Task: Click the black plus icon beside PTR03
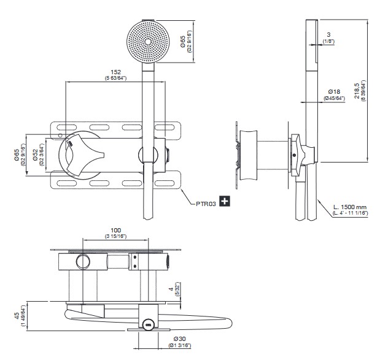(x=225, y=201)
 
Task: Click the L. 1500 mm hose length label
(x=351, y=208)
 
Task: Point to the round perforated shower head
(x=148, y=42)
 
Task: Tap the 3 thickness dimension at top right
(x=330, y=34)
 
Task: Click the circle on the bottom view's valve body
(x=82, y=262)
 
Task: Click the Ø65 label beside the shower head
(x=182, y=41)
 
